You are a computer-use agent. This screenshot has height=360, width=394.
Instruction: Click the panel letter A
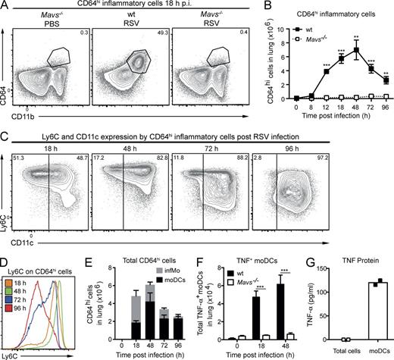tap(5, 6)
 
